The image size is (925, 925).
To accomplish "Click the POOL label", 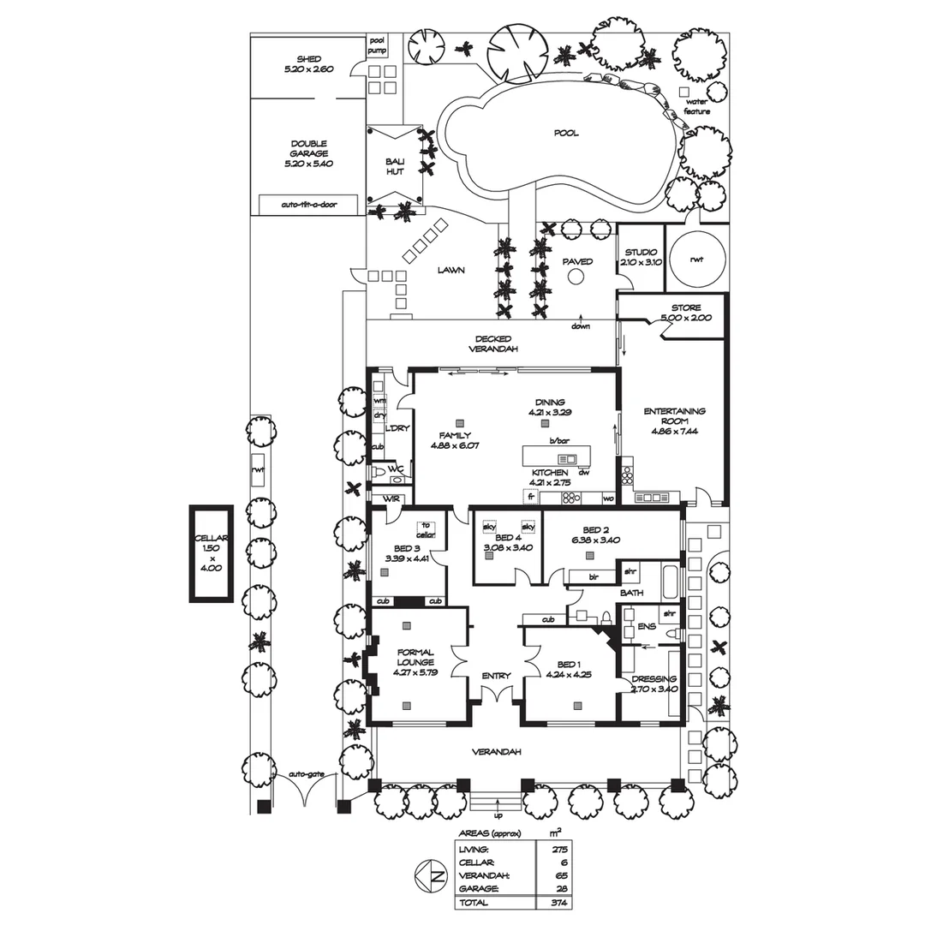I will (x=565, y=133).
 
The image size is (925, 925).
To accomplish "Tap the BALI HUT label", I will (x=394, y=166).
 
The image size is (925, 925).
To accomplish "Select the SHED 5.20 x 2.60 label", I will (x=308, y=64).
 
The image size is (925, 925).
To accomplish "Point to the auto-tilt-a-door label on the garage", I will (x=309, y=206).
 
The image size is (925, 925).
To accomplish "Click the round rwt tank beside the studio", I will (x=696, y=259).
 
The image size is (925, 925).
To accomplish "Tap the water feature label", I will (x=696, y=107).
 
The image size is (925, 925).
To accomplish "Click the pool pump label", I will (x=378, y=45).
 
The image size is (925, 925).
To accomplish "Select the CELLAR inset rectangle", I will (x=212, y=552).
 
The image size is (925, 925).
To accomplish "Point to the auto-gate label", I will (x=306, y=773).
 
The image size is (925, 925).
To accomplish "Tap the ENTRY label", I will (x=496, y=676).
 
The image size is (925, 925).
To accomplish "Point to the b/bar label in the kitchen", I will (x=558, y=440).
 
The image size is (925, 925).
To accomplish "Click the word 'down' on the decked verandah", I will (x=582, y=326).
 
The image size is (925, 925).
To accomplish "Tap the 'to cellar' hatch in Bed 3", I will (x=426, y=530).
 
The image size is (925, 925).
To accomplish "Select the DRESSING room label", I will (x=654, y=683).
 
